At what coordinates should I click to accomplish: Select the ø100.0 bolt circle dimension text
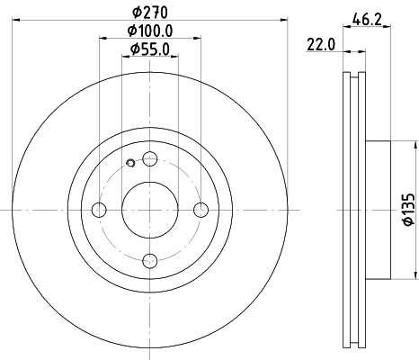pyautogui.click(x=149, y=32)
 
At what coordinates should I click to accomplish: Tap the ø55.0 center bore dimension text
pyautogui.click(x=149, y=49)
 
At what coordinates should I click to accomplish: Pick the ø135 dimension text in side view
pyautogui.click(x=406, y=209)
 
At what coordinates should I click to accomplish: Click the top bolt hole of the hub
pyautogui.click(x=150, y=159)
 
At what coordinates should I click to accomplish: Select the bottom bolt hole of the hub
pyautogui.click(x=150, y=261)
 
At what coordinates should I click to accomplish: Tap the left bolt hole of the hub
pyautogui.click(x=99, y=210)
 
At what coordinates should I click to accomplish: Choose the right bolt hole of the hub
pyautogui.click(x=201, y=210)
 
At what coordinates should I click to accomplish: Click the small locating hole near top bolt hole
pyautogui.click(x=130, y=163)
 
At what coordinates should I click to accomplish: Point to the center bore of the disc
pyautogui.click(x=150, y=210)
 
